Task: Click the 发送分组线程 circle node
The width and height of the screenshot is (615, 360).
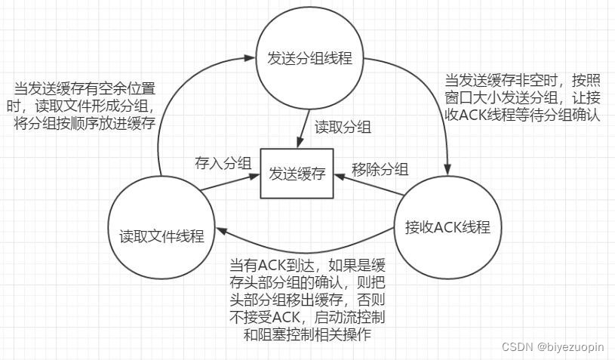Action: [310, 58]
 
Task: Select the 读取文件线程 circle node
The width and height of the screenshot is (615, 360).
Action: [161, 235]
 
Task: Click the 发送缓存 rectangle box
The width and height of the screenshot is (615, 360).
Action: [296, 174]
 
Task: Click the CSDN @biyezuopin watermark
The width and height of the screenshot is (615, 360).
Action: [553, 346]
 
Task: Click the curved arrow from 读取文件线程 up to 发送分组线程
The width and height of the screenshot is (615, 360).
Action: [181, 91]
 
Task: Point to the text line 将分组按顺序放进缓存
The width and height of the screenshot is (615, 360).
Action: [85, 123]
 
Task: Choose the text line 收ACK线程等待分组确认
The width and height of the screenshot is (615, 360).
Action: [521, 116]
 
